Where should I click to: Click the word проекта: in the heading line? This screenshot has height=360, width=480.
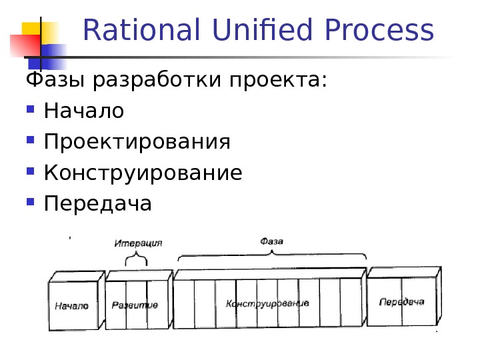click(279, 81)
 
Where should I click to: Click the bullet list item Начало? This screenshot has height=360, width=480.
click(84, 111)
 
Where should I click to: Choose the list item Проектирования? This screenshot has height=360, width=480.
click(137, 142)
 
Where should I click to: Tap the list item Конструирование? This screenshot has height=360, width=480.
click(143, 173)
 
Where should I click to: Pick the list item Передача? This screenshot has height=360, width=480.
click(98, 203)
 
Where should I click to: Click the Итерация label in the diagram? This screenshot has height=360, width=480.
click(138, 243)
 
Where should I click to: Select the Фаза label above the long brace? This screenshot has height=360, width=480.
click(271, 241)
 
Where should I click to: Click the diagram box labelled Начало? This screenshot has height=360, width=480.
click(72, 306)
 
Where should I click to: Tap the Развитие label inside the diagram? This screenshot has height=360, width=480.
click(135, 305)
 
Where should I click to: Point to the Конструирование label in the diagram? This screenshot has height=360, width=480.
click(267, 303)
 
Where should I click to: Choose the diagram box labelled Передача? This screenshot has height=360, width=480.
click(402, 302)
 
